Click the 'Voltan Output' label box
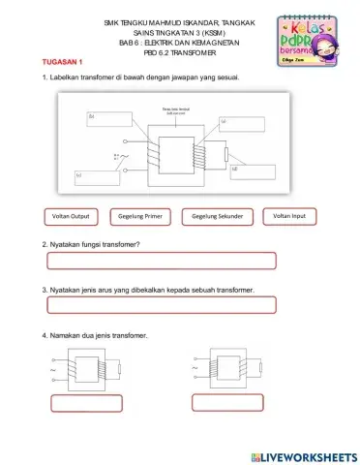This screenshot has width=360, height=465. click(x=73, y=216)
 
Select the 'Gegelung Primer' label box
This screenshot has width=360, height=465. click(x=141, y=216)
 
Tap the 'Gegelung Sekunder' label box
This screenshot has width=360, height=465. click(x=217, y=216)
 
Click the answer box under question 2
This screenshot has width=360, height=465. click(x=161, y=260)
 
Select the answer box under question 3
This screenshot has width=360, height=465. click(x=161, y=305)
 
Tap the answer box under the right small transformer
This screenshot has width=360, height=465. click(x=229, y=401)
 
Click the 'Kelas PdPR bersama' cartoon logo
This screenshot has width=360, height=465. click(x=302, y=40)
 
